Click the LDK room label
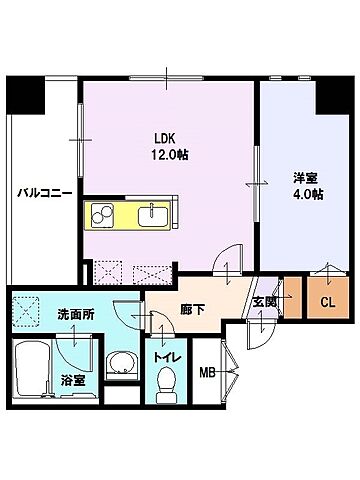point(164,139)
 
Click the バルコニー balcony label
point(43,194)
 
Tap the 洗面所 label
point(75,313)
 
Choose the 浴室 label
point(73,380)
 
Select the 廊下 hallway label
point(192,309)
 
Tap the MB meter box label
point(207,373)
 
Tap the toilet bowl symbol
point(167,381)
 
